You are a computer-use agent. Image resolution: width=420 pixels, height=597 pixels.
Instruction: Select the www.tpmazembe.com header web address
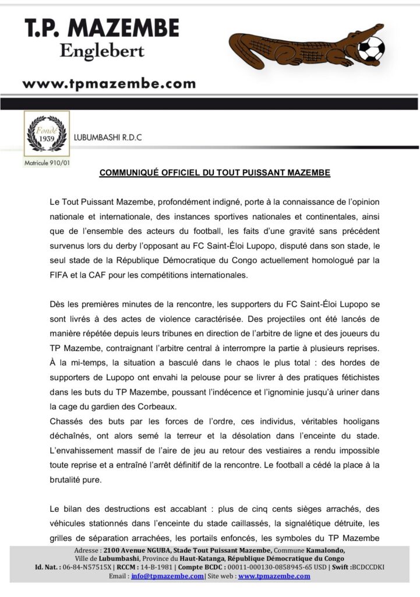pos(109,83)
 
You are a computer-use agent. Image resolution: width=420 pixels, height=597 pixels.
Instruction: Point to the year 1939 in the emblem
pos(46,139)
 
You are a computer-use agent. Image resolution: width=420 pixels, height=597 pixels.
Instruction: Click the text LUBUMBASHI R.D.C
pos(109,138)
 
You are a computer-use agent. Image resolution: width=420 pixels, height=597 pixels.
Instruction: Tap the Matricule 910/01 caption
pos(47,162)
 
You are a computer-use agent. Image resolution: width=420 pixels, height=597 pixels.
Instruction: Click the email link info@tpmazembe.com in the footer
pos(168,575)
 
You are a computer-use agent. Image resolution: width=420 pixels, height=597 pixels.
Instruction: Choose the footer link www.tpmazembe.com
pos(274,575)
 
